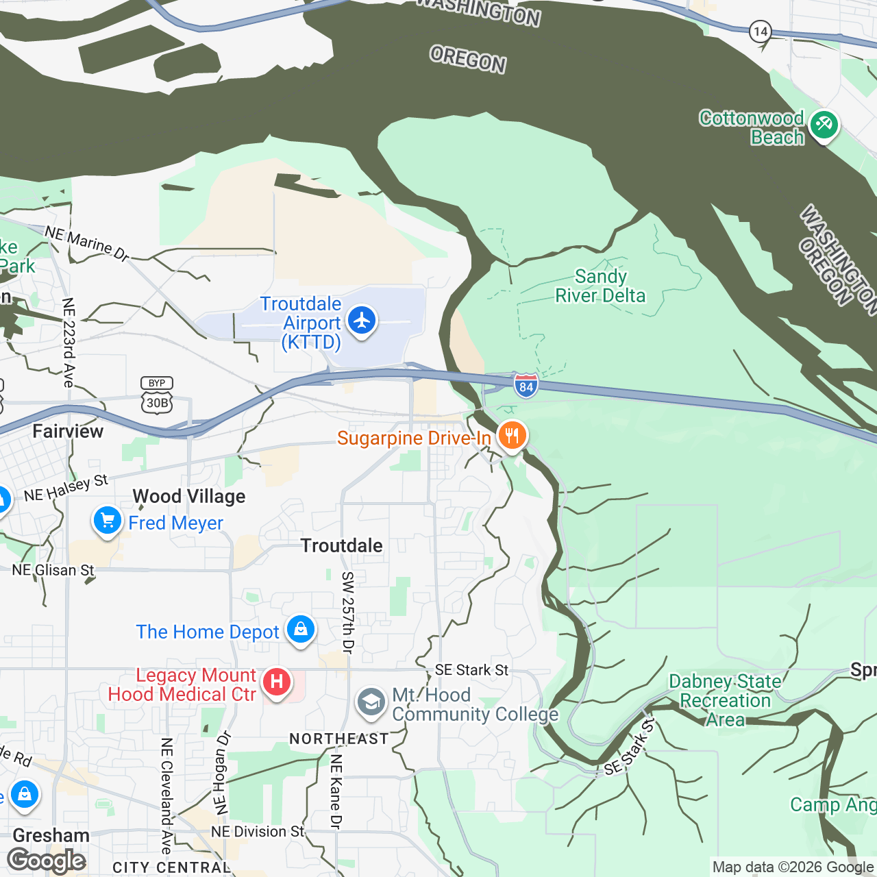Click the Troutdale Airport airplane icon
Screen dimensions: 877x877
tap(362, 321)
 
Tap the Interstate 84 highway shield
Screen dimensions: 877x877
tap(526, 385)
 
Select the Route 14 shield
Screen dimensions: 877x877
tap(760, 32)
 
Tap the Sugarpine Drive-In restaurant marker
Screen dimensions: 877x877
tap(512, 436)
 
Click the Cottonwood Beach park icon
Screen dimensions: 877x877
tap(823, 125)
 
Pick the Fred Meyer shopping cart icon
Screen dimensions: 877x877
tap(107, 521)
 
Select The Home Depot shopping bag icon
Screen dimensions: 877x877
tap(300, 629)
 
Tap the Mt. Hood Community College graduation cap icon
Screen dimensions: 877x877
tap(371, 703)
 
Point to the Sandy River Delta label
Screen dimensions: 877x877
tap(600, 286)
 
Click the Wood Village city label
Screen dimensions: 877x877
tap(189, 496)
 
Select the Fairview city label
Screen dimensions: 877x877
tap(68, 431)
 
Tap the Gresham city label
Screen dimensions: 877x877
tap(51, 835)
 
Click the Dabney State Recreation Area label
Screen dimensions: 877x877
tap(725, 700)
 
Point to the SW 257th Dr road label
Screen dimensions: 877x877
tap(348, 613)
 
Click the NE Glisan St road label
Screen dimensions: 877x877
tap(53, 570)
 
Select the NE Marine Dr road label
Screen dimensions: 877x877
tap(87, 243)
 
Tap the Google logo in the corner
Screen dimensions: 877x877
tap(47, 861)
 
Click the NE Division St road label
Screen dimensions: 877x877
tap(258, 832)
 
